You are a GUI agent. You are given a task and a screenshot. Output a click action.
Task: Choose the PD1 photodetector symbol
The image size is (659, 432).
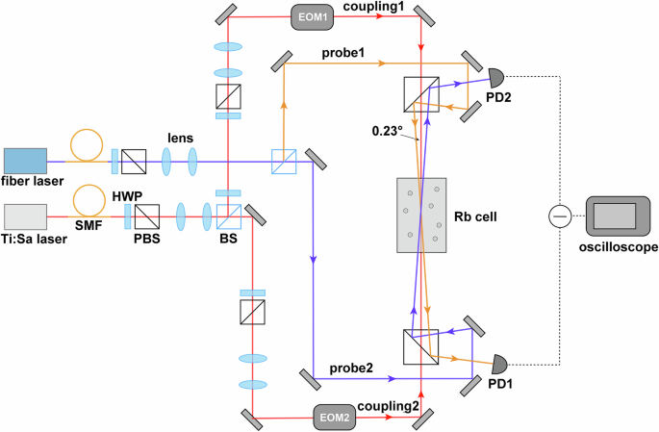point(500,365)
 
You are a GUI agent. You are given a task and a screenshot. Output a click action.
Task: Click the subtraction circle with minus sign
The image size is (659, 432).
point(558,217)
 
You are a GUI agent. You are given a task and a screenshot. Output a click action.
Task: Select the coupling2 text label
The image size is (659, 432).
point(389,406)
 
